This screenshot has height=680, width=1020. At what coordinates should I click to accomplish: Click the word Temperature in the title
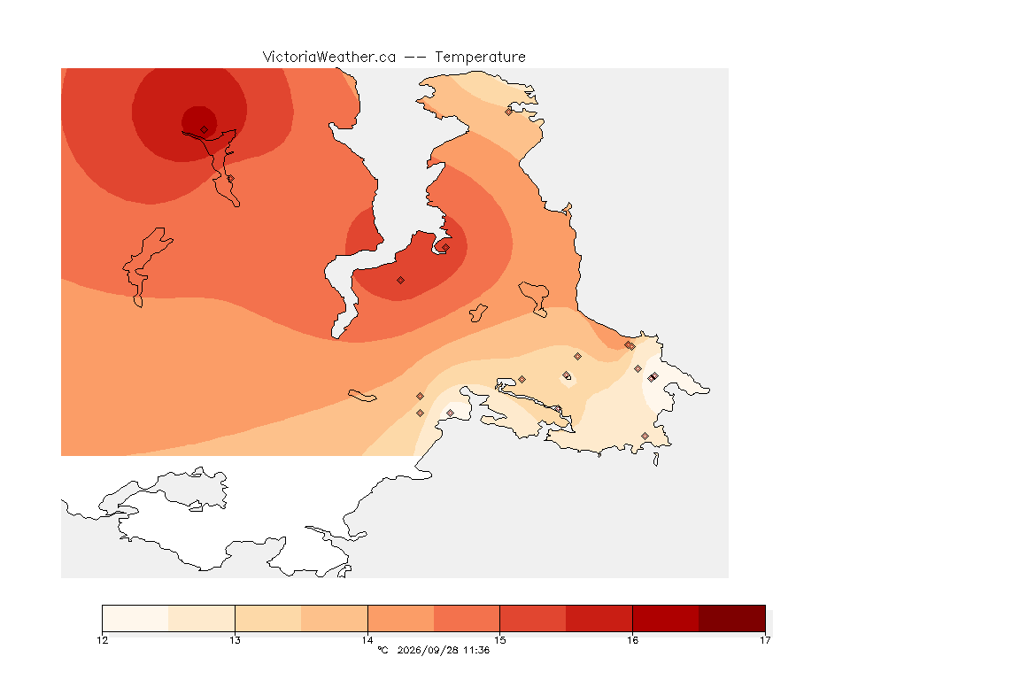480,58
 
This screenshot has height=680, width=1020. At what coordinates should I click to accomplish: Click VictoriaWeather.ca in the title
329,57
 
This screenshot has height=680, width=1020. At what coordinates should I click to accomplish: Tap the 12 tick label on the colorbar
102,640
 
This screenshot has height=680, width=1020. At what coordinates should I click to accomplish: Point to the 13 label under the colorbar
235,640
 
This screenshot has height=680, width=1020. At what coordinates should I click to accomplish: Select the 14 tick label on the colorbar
367,640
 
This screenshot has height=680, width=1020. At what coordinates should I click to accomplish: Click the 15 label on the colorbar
499,640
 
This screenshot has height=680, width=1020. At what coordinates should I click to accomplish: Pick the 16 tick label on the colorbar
632,640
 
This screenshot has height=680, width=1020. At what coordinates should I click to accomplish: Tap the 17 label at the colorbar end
765,640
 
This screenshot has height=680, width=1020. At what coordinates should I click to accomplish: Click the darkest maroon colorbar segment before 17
732,618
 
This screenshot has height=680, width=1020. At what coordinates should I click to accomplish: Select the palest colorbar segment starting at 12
135,618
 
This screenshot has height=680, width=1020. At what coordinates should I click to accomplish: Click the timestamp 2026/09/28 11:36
443,650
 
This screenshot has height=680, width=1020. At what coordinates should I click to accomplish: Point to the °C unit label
382,650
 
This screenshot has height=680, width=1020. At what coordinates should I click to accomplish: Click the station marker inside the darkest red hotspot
205,130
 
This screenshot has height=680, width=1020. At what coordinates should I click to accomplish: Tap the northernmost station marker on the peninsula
509,112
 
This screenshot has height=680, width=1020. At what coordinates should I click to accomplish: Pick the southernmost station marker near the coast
645,436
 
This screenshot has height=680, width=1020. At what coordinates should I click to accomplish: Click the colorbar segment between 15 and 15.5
533,618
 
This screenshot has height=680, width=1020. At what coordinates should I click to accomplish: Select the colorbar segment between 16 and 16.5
666,618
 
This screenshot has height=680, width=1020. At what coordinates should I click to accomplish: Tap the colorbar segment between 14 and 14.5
401,618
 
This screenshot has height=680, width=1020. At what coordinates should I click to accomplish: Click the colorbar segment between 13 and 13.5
268,618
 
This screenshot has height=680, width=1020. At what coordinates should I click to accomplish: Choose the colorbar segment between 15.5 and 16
599,618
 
